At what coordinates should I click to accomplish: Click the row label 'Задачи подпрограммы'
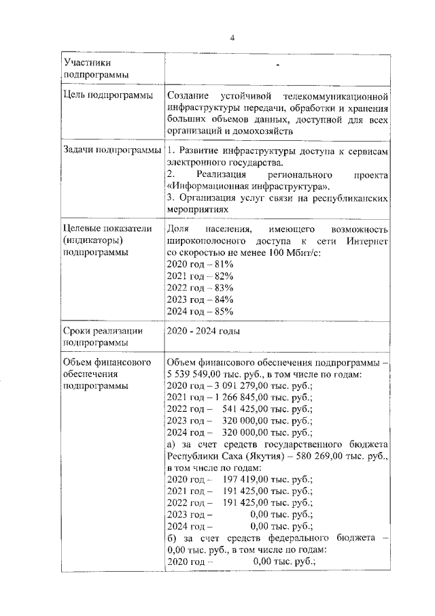(x=111, y=150)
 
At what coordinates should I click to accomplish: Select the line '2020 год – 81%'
(x=201, y=264)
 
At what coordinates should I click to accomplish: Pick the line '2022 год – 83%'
(x=201, y=287)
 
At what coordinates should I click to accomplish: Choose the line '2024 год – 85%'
(x=201, y=311)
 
